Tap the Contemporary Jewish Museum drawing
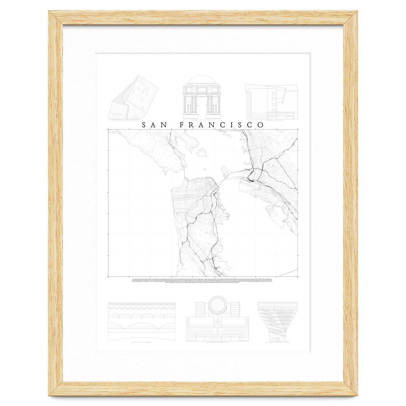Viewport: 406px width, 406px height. pyautogui.click(x=133, y=98)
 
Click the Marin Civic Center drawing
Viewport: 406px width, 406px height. pyautogui.click(x=142, y=321)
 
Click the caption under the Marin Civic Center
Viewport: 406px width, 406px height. pyautogui.click(x=142, y=343)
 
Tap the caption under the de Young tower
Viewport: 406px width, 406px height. pyautogui.click(x=277, y=343)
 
